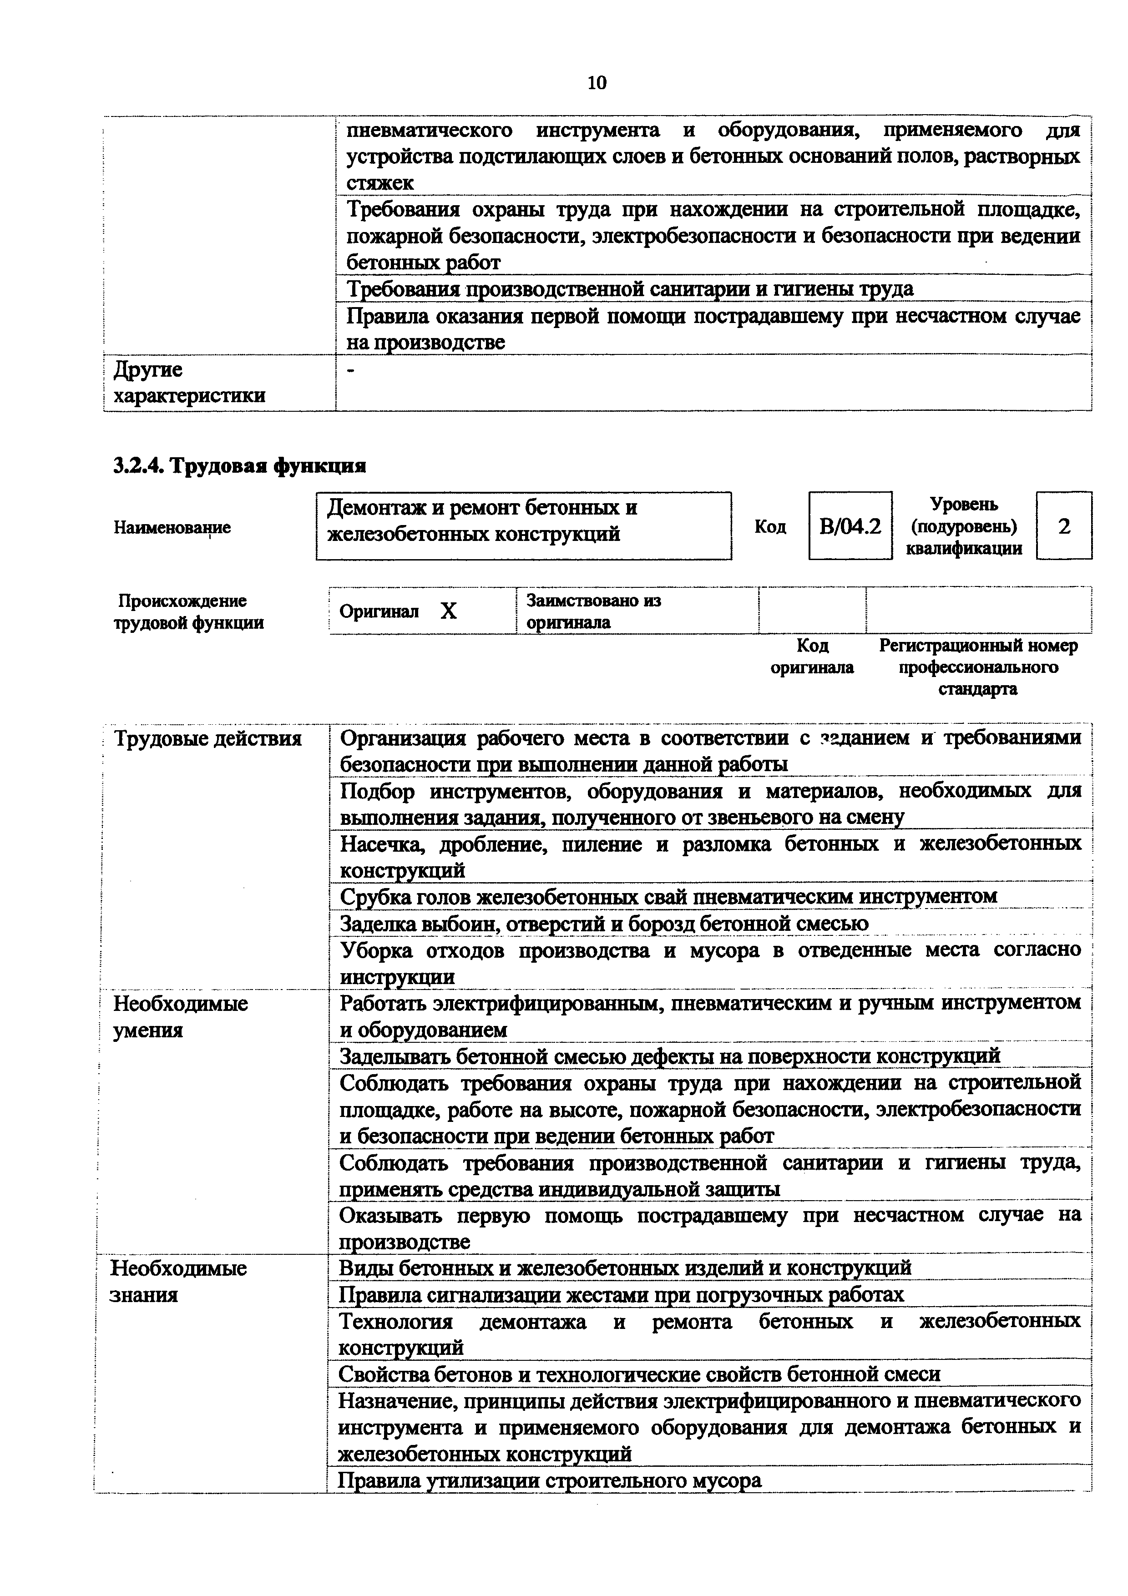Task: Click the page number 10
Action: click(597, 83)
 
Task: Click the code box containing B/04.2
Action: click(850, 526)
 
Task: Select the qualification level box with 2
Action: click(1063, 526)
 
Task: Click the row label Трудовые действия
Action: click(207, 738)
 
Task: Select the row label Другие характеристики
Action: click(189, 382)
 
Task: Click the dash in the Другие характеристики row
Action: click(350, 372)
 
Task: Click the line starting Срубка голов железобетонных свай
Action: click(668, 897)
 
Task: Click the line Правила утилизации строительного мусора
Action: click(549, 1480)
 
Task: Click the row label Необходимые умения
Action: click(180, 1016)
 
